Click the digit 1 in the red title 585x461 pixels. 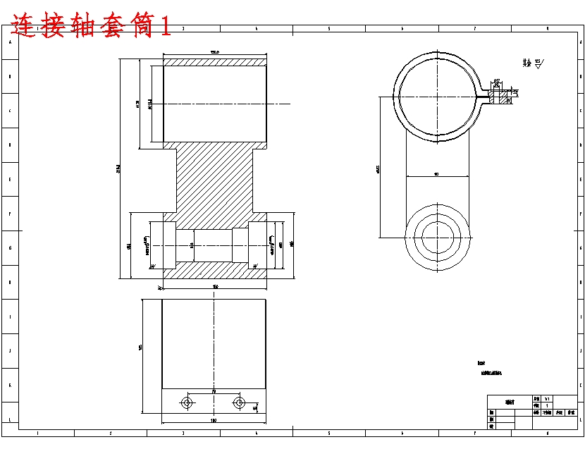click(x=164, y=27)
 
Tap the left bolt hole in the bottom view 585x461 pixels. click(x=187, y=402)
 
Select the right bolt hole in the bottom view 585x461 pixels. click(x=239, y=402)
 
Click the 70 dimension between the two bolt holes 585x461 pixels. click(x=213, y=391)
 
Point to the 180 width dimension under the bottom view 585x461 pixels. click(x=214, y=421)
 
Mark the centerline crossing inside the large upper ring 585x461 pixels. click(x=438, y=95)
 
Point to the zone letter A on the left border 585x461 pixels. click(x=9, y=42)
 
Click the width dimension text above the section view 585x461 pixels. click(x=215, y=52)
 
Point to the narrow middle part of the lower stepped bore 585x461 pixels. click(x=213, y=245)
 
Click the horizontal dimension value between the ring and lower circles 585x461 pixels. click(x=437, y=173)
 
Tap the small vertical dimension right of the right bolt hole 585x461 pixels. click(x=254, y=407)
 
